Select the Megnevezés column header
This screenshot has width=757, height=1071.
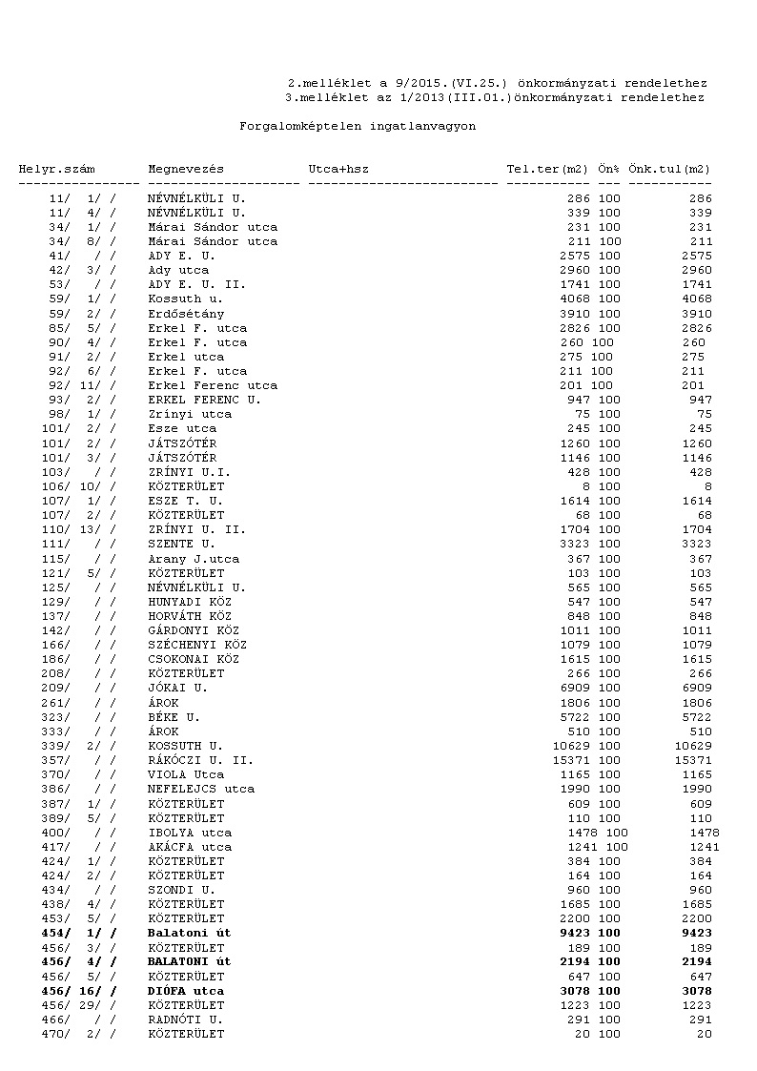pos(186,169)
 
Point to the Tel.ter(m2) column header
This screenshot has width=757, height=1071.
pos(548,169)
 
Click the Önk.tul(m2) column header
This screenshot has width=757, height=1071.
pos(669,169)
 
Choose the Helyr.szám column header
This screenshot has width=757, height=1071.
pos(56,169)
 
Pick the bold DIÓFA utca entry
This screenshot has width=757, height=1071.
pos(186,991)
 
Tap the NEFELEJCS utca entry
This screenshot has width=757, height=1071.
pos(201,789)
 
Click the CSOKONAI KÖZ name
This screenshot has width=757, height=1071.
pos(194,659)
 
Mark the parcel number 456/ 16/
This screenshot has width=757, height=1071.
pos(80,991)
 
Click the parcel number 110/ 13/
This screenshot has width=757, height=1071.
pos(80,529)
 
